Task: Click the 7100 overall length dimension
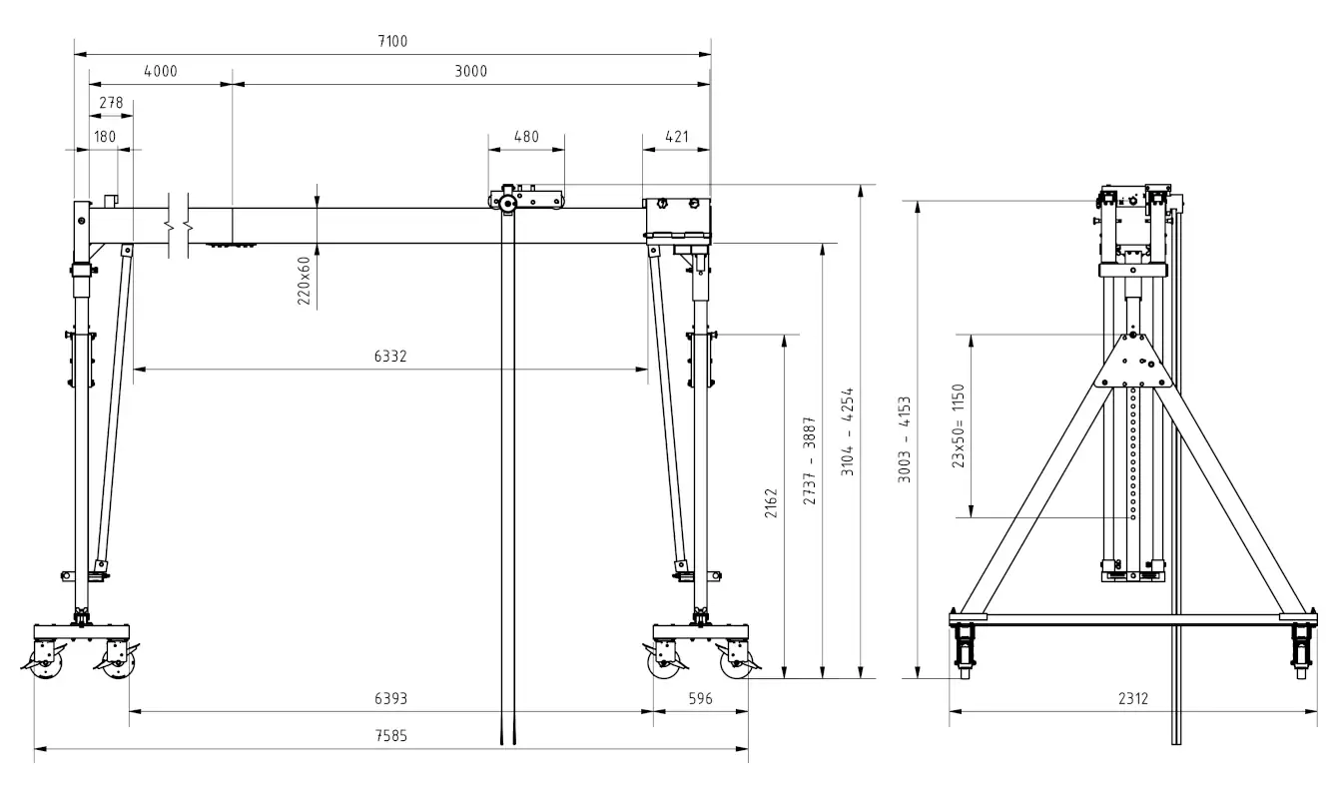pos(393,41)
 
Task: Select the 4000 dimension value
pos(160,71)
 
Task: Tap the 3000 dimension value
pos(470,71)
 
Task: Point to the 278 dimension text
pos(111,102)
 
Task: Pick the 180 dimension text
pos(104,136)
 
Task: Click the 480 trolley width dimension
pos(526,136)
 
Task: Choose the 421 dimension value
pos(676,136)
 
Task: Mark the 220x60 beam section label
pos(305,279)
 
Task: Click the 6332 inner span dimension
pos(390,356)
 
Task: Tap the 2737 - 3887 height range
pos(810,459)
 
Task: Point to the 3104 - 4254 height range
pos(848,430)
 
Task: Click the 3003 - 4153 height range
pos(905,440)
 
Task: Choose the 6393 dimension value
pos(390,699)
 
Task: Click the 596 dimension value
pos(701,699)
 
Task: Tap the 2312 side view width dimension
pos(1132,699)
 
